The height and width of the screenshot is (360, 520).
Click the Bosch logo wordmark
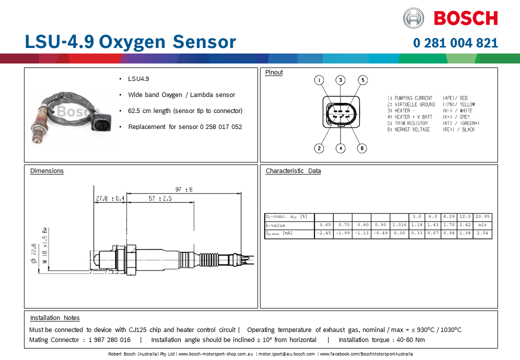(x=465, y=18)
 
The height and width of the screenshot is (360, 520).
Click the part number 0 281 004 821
(x=455, y=43)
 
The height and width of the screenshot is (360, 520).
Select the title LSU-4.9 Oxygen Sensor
(x=130, y=42)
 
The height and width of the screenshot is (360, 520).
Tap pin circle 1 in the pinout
(x=319, y=80)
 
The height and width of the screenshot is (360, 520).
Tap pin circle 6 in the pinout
(x=362, y=148)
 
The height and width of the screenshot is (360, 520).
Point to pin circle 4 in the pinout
(x=340, y=148)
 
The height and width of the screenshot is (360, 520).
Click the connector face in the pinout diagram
(x=340, y=113)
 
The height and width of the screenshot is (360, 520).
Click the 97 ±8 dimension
(x=184, y=189)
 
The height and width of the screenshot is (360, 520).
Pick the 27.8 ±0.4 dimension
(x=110, y=198)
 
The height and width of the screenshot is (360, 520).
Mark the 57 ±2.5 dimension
(x=160, y=198)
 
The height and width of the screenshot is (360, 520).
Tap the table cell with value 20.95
(x=482, y=217)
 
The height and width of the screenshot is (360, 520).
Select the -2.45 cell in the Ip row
(x=324, y=233)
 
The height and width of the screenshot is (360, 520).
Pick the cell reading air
(x=482, y=225)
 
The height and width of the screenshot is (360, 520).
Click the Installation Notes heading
(x=55, y=318)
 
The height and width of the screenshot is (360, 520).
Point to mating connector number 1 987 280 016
(x=109, y=340)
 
